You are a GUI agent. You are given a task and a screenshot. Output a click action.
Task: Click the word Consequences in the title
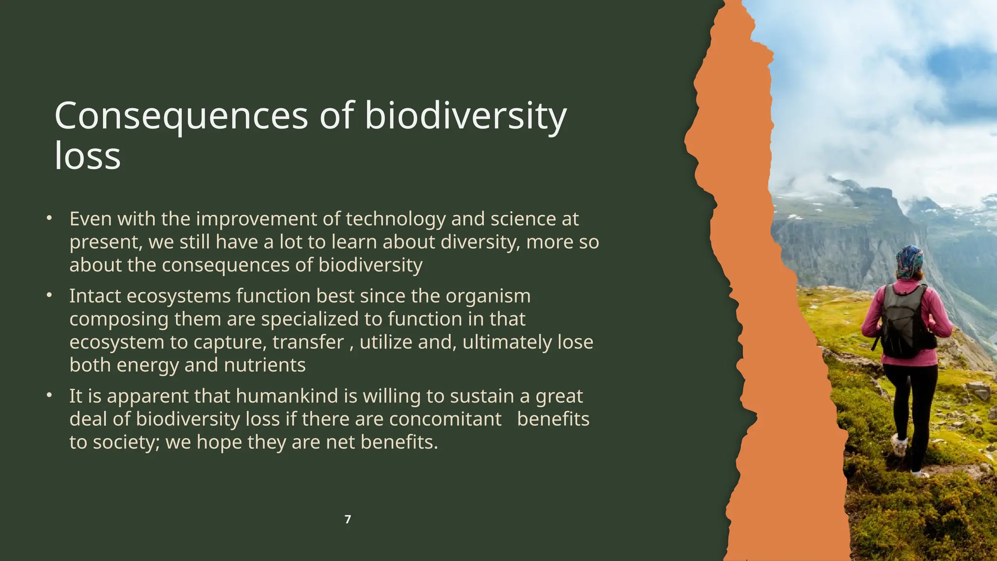[181, 116]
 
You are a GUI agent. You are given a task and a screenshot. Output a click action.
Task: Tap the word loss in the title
[88, 156]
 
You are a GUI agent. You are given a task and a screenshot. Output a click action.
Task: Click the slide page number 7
[348, 520]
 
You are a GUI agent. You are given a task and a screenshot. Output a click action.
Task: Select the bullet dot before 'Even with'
[49, 218]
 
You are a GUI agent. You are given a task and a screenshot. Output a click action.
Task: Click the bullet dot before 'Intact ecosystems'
[49, 295]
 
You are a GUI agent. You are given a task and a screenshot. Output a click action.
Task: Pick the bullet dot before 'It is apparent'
[49, 395]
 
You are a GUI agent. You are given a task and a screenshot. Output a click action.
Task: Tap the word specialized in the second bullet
[310, 319]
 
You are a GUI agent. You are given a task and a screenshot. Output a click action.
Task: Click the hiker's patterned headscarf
[909, 262]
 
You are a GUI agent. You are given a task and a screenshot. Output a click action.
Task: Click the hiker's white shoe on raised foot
[899, 445]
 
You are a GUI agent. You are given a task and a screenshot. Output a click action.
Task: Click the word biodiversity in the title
[465, 116]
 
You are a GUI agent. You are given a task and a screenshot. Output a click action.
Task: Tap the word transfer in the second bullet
[308, 342]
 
